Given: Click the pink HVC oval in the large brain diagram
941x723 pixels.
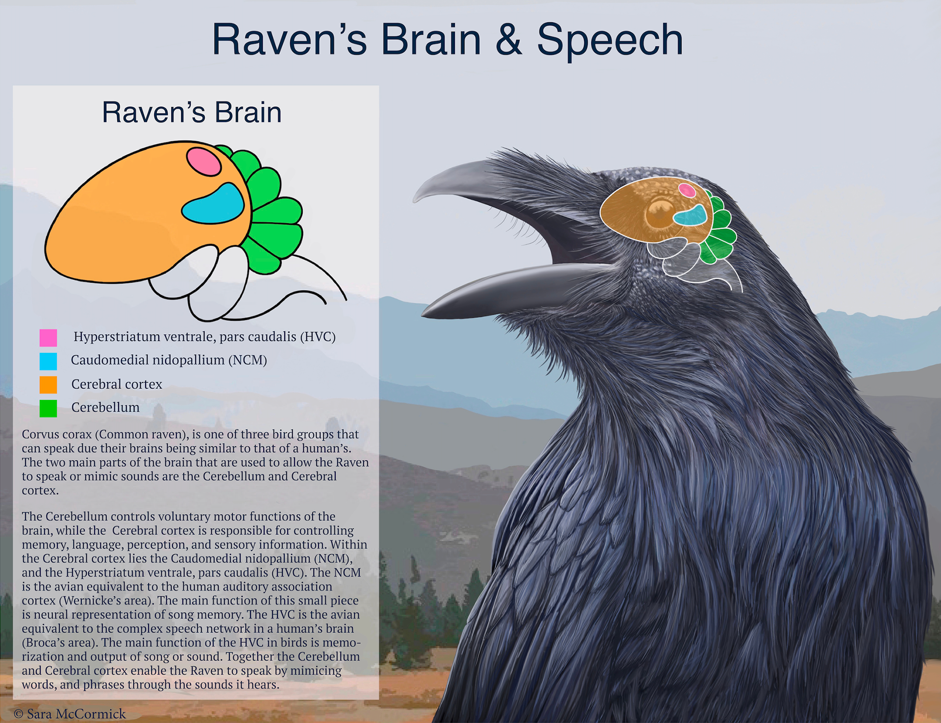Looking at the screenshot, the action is click(x=204, y=161).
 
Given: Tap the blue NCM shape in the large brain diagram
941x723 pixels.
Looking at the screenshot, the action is click(x=214, y=204).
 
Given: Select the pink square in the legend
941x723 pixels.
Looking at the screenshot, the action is click(x=48, y=338).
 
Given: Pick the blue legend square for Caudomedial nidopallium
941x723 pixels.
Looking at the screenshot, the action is click(x=48, y=361).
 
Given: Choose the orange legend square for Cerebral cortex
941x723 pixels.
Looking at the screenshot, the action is click(x=48, y=385).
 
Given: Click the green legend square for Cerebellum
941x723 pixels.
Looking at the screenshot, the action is click(x=48, y=408).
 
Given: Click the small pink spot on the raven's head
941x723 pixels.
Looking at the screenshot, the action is click(x=687, y=190).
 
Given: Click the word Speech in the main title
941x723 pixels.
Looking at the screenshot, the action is click(x=610, y=40).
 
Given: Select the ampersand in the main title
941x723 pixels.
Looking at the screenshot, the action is click(x=509, y=39).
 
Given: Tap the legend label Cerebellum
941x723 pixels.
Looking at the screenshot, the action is click(x=105, y=407).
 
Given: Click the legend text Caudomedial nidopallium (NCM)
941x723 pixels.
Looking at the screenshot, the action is click(x=169, y=360).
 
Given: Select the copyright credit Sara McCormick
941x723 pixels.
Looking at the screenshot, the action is click(x=76, y=714).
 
